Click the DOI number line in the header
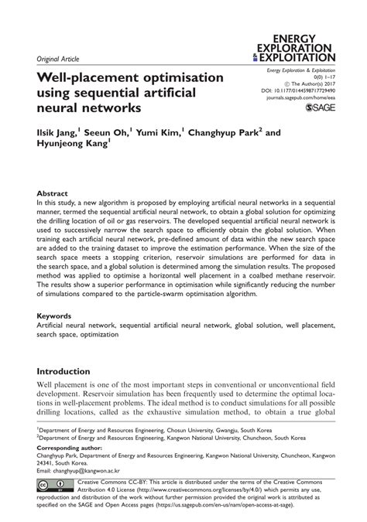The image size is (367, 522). click(x=297, y=90)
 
